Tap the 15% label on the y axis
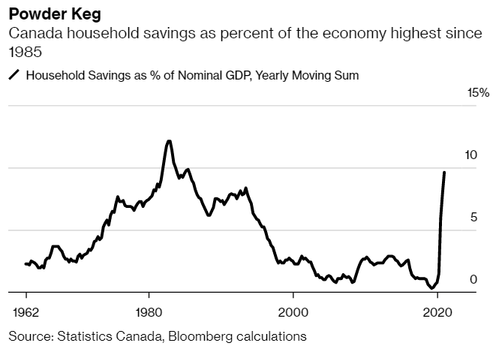(x=478, y=93)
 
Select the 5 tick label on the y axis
(x=473, y=218)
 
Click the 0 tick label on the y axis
(x=473, y=280)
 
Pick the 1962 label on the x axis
(x=26, y=311)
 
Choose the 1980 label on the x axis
(x=149, y=311)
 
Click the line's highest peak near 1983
(x=169, y=141)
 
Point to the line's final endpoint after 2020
(x=444, y=173)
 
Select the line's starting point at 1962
(x=26, y=263)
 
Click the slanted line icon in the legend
(x=14, y=75)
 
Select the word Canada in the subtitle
(x=31, y=35)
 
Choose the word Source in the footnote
(x=29, y=336)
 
